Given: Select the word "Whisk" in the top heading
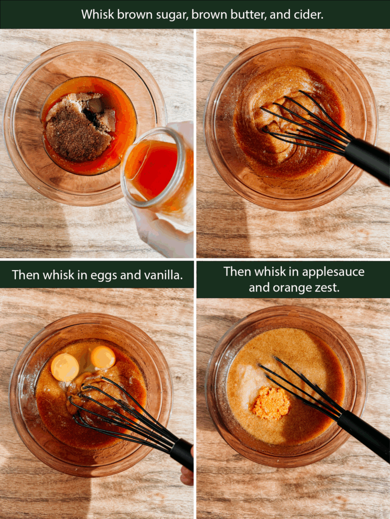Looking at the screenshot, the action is point(97,14).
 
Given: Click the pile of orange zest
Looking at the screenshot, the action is point(271,403).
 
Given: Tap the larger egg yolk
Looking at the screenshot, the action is point(64,367).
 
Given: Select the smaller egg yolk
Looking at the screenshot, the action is point(103,357).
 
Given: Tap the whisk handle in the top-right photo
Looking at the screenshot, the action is point(368,159).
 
